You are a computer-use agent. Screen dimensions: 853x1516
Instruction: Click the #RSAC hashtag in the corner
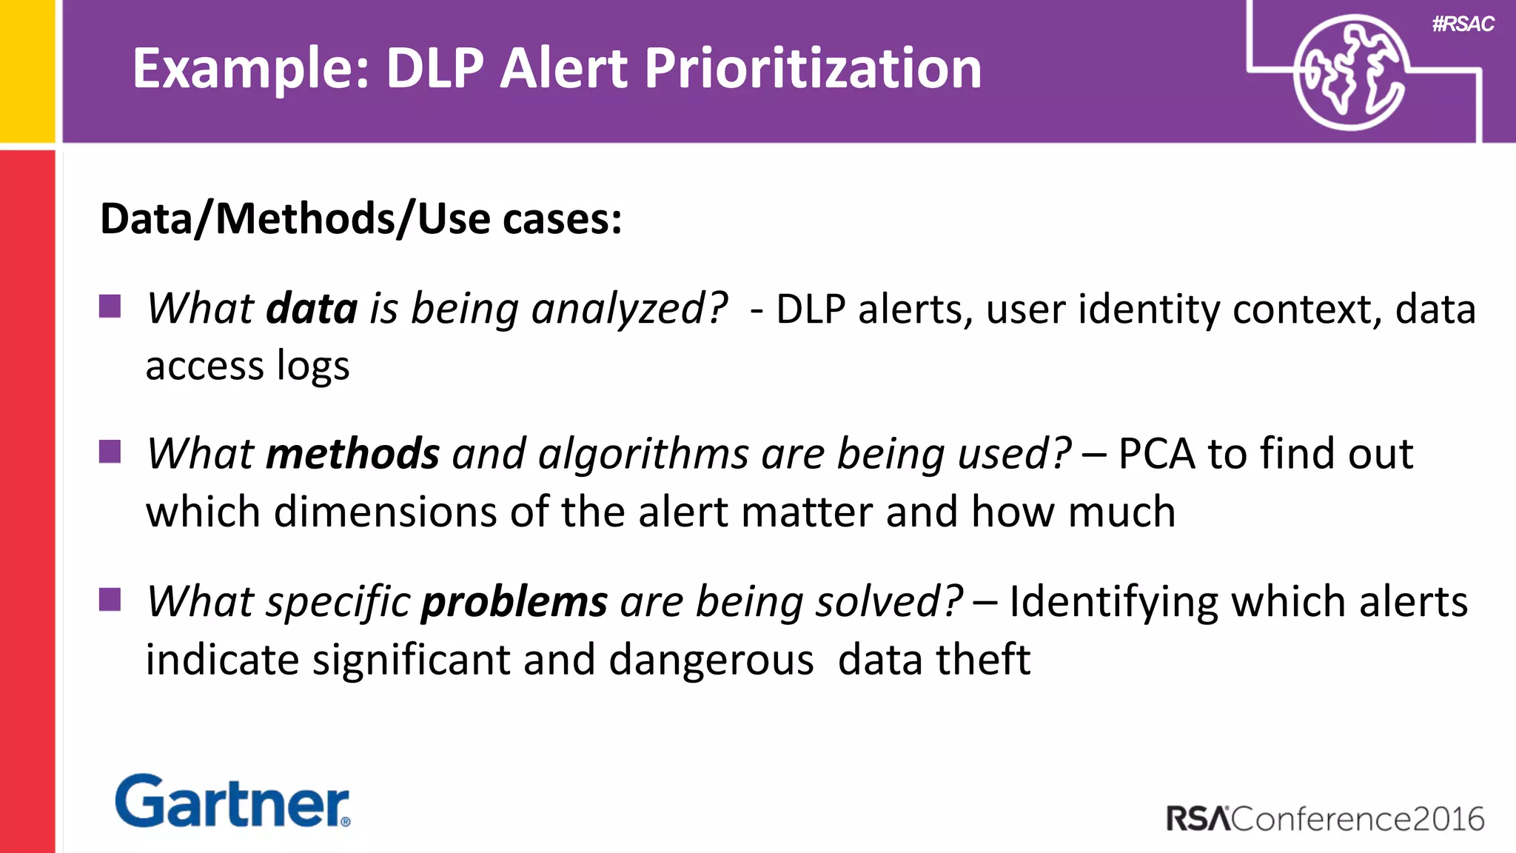click(1463, 24)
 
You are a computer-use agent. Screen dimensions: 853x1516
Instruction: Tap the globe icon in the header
click(1350, 73)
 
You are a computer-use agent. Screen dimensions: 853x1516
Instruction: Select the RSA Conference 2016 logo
click(1325, 819)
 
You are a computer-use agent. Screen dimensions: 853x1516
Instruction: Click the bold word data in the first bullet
click(312, 308)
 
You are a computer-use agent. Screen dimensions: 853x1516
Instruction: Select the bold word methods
click(352, 453)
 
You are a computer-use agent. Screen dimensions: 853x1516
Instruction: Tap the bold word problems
click(514, 601)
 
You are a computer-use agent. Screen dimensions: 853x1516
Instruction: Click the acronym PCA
click(1156, 453)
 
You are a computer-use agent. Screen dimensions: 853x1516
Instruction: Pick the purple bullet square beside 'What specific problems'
click(110, 600)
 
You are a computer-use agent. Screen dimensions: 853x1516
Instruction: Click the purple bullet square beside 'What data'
click(110, 306)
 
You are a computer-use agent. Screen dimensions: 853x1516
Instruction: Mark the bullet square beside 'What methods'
click(110, 451)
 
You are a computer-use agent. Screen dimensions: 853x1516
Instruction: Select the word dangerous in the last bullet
click(711, 659)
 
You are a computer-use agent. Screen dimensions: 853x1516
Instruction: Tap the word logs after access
click(312, 366)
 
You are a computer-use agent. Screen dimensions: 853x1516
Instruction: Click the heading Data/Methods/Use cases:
click(360, 219)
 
